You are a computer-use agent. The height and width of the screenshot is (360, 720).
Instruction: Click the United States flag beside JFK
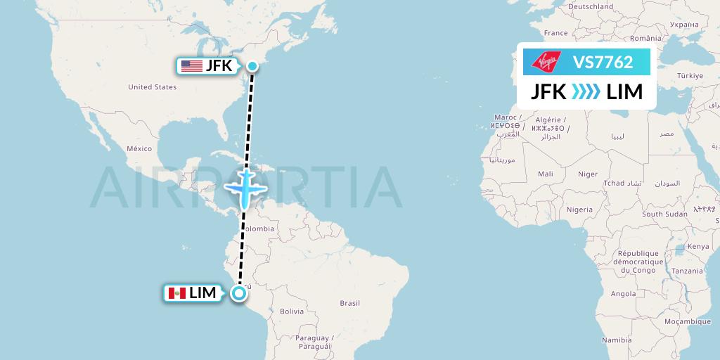tap(191, 66)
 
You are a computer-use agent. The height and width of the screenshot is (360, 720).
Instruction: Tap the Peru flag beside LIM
tap(176, 292)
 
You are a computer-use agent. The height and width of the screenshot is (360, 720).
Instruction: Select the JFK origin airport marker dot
tap(252, 66)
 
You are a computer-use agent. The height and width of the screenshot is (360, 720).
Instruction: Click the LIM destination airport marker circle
tap(240, 293)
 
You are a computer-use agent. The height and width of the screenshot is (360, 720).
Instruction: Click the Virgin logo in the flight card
tap(546, 63)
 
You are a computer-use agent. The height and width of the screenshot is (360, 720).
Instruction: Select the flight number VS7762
tap(603, 63)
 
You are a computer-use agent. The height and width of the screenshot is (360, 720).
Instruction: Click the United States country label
tap(152, 87)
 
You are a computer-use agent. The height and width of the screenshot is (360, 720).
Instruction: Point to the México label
tap(139, 148)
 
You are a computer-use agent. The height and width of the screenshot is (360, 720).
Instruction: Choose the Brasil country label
tap(349, 303)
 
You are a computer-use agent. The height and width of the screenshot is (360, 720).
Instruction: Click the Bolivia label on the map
tap(291, 310)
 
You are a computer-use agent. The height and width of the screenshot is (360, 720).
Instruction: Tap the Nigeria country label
tap(579, 209)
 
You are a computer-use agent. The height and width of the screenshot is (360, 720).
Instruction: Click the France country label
tap(555, 33)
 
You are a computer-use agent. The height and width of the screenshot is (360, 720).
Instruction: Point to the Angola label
tap(623, 294)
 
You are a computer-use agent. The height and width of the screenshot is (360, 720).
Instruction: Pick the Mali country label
tap(545, 174)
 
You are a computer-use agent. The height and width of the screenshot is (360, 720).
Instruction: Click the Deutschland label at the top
tap(591, 6)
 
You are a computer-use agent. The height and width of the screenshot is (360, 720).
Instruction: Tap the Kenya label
tap(698, 246)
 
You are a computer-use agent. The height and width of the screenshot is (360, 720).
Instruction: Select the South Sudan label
tap(664, 214)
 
